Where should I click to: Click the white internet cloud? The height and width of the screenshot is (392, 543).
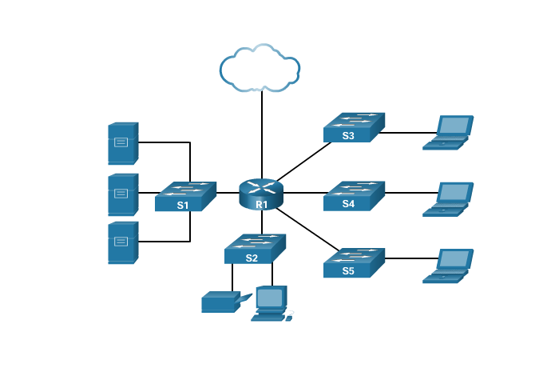coord(260,69)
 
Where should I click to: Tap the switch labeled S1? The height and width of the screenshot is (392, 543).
coord(185,197)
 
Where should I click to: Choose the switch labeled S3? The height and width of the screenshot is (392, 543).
coord(354,127)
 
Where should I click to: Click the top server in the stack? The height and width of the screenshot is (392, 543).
coord(123,143)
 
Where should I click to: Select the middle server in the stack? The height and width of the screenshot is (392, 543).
coord(123,194)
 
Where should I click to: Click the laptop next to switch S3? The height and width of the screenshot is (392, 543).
coord(449,133)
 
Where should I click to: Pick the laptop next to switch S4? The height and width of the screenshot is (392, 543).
coord(449,199)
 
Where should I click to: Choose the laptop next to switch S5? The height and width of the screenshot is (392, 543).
coord(449,266)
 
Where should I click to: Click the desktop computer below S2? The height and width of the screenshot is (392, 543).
coord(270,303)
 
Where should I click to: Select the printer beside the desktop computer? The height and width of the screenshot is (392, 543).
coord(220,302)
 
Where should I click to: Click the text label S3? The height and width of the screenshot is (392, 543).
coord(348,136)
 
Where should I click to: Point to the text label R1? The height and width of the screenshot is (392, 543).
coord(262,205)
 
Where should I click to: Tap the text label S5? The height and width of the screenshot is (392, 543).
coord(348,271)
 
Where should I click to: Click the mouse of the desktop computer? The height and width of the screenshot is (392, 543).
coord(289,318)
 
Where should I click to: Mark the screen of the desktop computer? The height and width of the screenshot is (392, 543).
coord(270,298)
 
